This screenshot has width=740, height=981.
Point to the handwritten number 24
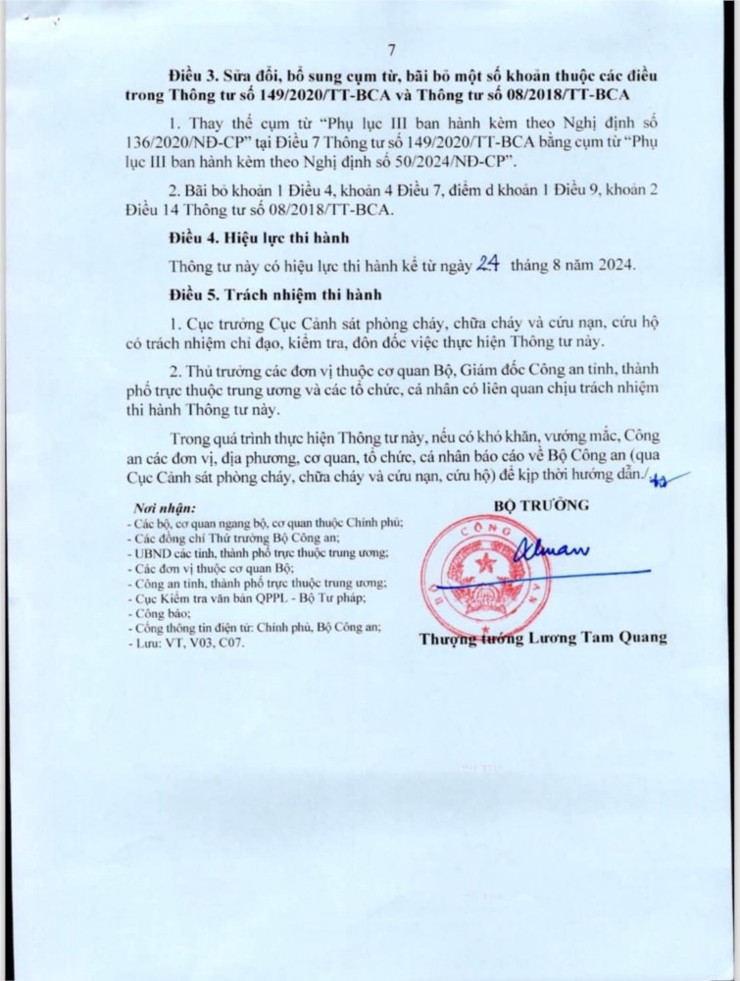tap(488, 264)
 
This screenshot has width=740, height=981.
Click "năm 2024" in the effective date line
tap(606, 266)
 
